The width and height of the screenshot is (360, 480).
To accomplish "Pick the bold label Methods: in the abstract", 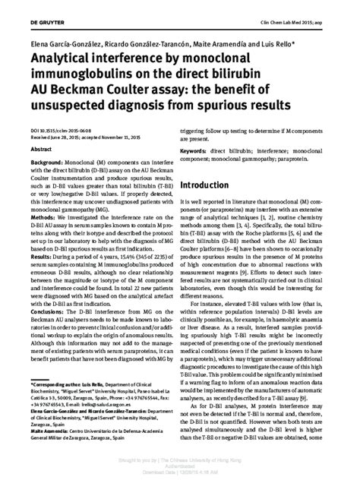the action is (x=42, y=216).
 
